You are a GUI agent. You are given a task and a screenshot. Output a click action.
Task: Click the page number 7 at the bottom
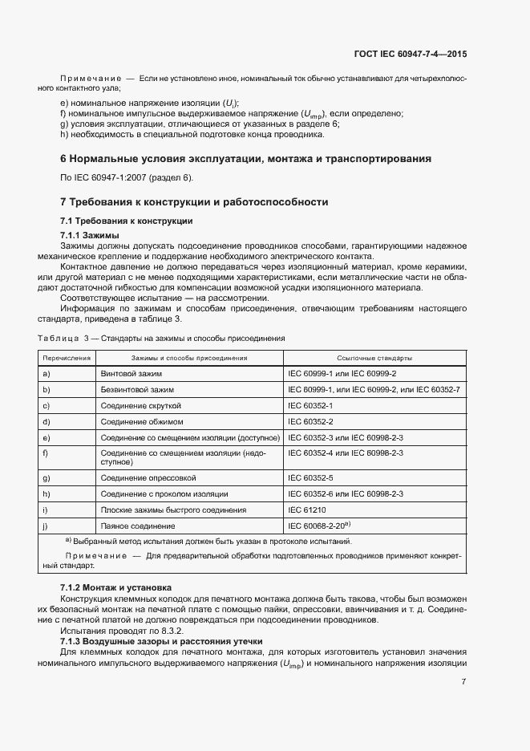[x=464, y=682]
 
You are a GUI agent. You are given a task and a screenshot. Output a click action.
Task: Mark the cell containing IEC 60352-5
[x=310, y=477]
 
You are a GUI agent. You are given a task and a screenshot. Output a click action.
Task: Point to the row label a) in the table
[x=47, y=374]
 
